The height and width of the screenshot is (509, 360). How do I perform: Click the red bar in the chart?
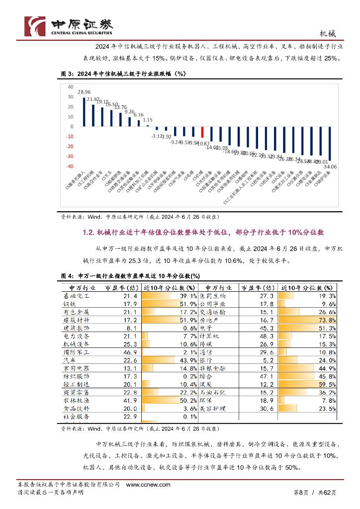(202, 132)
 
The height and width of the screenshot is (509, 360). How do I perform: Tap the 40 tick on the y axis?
(70, 86)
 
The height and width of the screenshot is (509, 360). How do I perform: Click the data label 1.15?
(147, 120)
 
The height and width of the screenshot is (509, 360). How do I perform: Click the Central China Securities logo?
(69, 25)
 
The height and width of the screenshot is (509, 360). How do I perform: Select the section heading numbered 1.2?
(203, 232)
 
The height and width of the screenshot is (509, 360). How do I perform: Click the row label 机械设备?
(76, 344)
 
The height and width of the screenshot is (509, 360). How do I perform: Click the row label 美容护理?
(212, 408)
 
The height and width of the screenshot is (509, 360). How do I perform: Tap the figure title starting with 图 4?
(130, 276)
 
